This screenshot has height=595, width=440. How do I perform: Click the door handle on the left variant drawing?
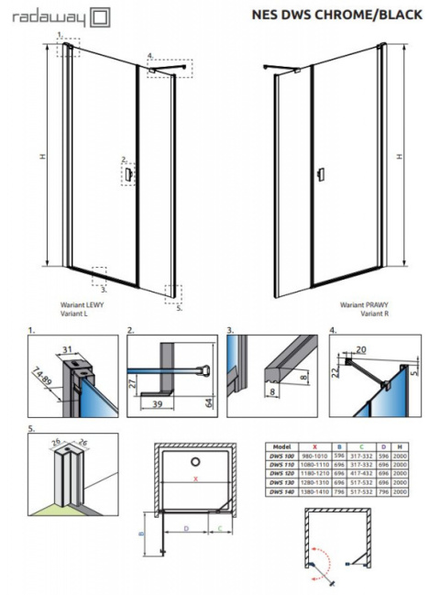click(129, 172)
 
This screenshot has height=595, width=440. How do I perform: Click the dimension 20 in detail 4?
click(360, 349)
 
